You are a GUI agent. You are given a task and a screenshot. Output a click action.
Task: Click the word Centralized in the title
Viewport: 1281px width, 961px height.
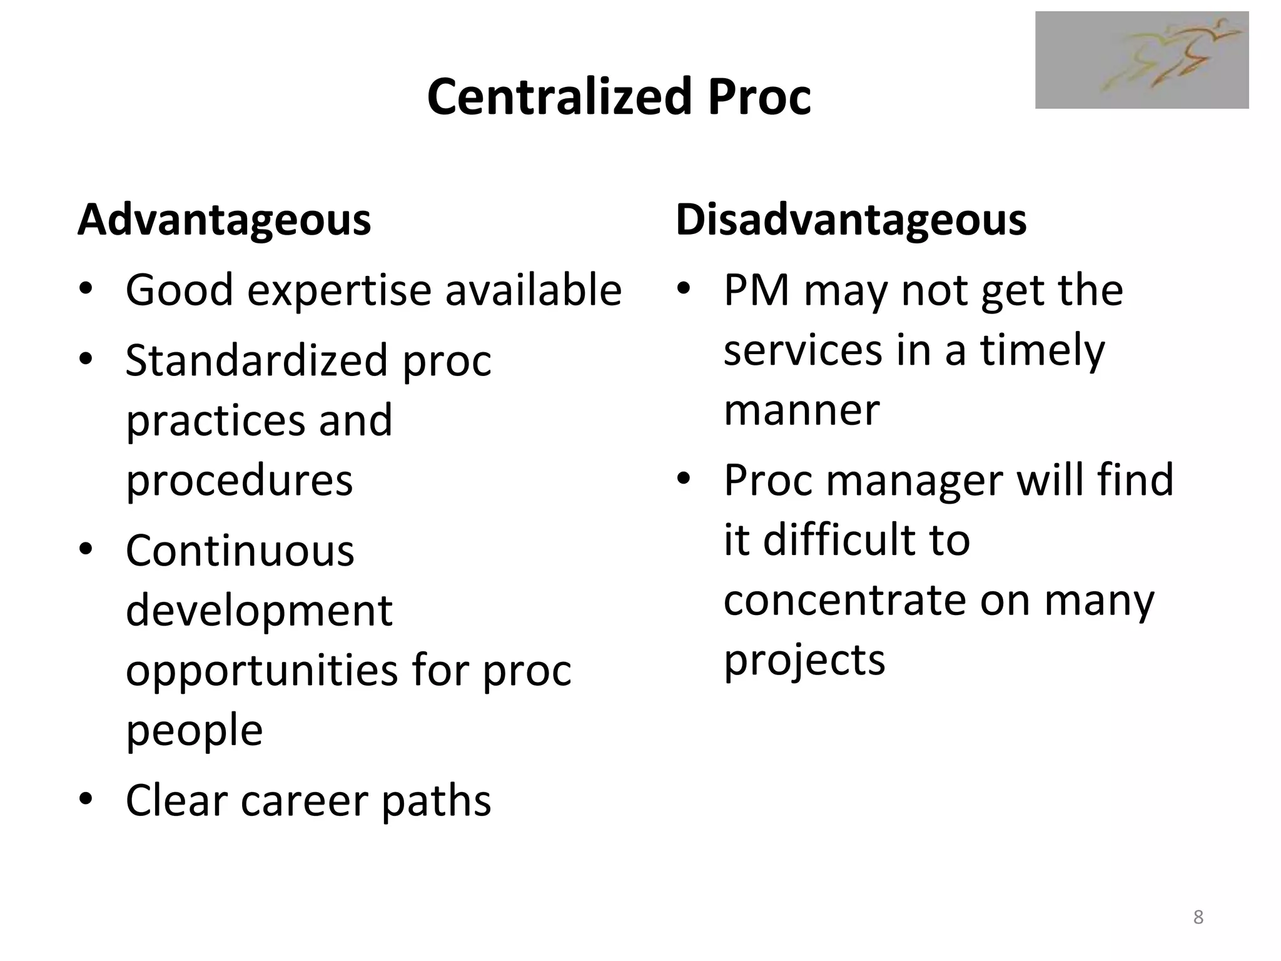(559, 97)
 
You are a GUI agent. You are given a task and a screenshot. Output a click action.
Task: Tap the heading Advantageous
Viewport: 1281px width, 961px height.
(224, 220)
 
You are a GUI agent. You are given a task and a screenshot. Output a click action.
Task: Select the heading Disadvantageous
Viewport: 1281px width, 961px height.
(851, 220)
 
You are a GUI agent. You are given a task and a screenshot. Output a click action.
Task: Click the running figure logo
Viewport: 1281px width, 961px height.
(1142, 60)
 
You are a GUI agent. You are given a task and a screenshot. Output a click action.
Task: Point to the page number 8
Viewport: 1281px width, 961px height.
(1198, 917)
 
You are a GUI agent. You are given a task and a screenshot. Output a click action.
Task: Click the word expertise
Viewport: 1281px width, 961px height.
(340, 291)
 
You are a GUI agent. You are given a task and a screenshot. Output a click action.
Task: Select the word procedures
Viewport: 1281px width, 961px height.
(239, 480)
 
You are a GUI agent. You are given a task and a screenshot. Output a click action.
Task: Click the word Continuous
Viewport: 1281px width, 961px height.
(240, 551)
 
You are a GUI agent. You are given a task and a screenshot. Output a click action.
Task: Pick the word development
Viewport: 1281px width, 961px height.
(259, 611)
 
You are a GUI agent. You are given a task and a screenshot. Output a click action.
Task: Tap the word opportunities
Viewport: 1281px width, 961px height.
(262, 670)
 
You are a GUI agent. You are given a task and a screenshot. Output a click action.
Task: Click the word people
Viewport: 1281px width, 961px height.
(194, 730)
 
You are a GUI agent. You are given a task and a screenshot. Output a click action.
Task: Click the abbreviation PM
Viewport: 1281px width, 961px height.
(756, 291)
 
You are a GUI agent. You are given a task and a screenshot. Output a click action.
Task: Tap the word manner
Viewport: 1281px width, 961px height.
(801, 410)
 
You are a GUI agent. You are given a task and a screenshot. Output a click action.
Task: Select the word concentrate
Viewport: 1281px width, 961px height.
(844, 600)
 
